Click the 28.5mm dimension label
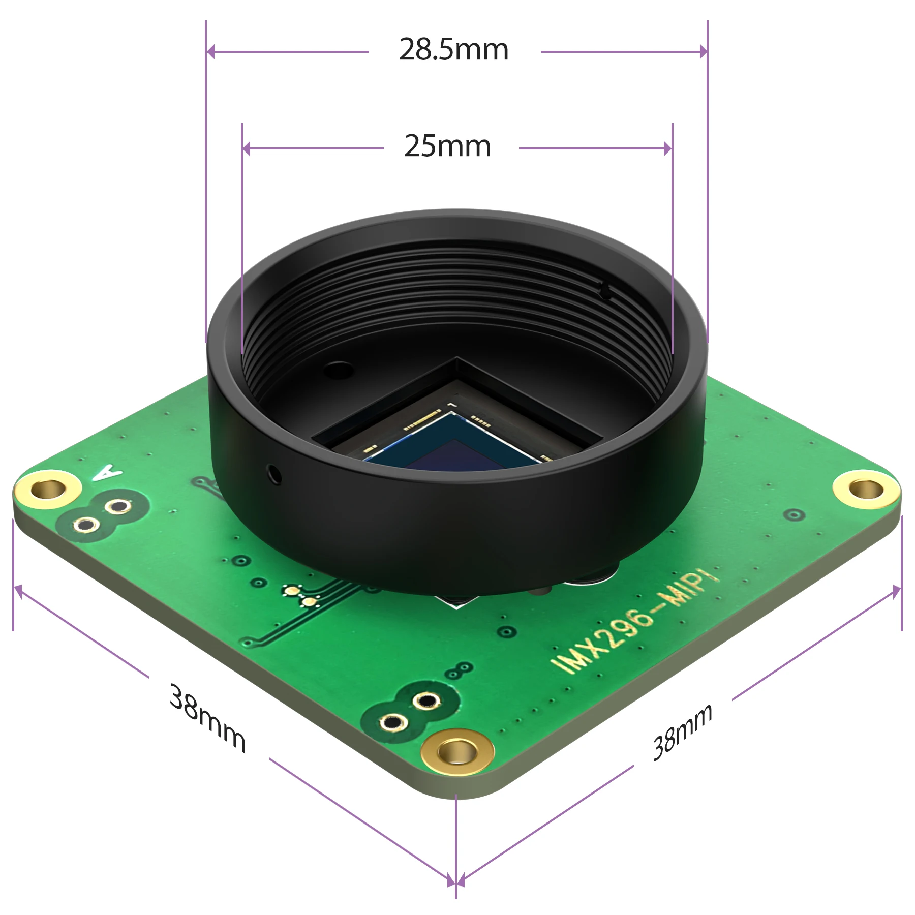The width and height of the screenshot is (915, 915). (x=453, y=50)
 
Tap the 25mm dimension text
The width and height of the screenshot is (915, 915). (x=447, y=146)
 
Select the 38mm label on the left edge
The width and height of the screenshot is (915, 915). (x=207, y=718)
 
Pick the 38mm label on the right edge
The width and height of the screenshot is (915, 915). (x=682, y=732)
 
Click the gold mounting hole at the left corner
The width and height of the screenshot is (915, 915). (x=48, y=490)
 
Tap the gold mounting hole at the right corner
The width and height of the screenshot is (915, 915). (x=866, y=490)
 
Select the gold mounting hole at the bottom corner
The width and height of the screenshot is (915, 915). (x=457, y=751)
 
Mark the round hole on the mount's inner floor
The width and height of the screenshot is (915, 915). (x=339, y=370)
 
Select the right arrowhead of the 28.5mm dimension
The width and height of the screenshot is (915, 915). (x=703, y=51)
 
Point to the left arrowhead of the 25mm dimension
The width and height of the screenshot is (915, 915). (x=247, y=148)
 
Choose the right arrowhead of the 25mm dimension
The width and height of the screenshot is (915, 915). (x=667, y=148)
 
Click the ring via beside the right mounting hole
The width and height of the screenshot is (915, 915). (x=794, y=515)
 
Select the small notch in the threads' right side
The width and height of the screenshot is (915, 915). (x=605, y=291)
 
